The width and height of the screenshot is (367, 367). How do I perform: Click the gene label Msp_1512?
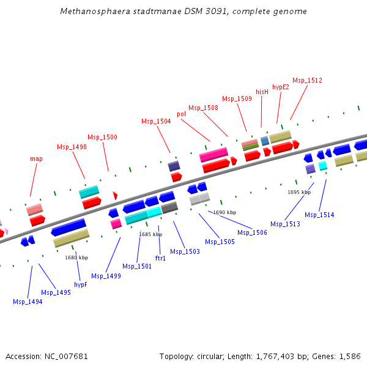(307, 80)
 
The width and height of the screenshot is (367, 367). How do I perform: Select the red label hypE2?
(280, 87)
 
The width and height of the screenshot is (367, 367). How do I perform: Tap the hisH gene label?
(262, 92)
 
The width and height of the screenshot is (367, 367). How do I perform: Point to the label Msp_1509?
(237, 98)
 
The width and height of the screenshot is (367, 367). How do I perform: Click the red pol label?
(182, 114)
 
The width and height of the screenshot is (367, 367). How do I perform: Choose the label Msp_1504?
(156, 121)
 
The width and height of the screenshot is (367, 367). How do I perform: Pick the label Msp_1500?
(102, 137)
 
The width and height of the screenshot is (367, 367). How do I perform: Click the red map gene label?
(36, 158)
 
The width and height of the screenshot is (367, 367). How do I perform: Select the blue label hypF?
(81, 284)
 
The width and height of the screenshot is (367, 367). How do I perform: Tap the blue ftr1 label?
(160, 258)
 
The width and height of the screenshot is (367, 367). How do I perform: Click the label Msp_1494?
(28, 302)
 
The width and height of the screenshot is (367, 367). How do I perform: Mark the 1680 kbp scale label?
(76, 258)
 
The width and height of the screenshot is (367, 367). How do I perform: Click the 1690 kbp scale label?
(224, 212)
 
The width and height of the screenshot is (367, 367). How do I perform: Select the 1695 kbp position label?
(299, 192)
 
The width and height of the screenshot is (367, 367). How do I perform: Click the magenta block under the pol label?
(213, 155)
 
